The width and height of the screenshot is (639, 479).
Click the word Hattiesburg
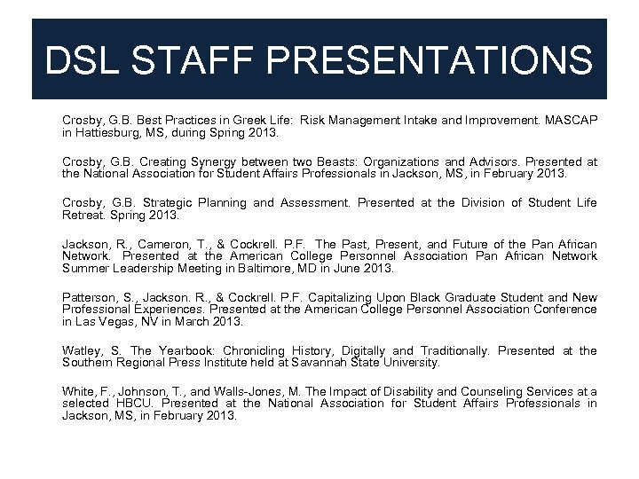coord(105,132)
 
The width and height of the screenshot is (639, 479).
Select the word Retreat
coord(83,215)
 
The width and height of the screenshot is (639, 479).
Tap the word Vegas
coord(115,321)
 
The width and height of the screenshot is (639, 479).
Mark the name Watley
coord(83,351)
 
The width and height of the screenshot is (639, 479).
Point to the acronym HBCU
coord(135,404)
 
